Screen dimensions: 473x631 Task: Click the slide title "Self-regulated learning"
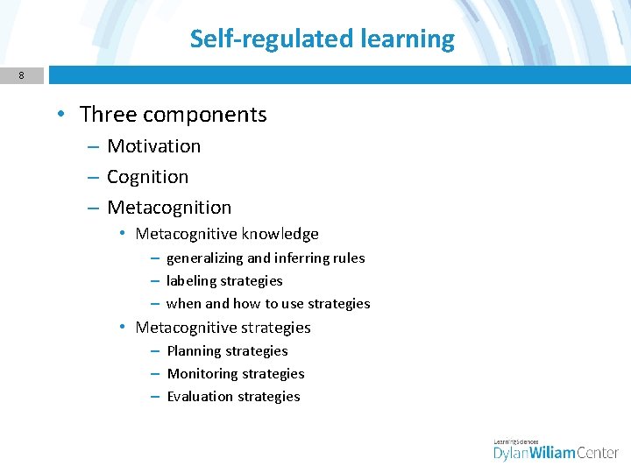coord(323,39)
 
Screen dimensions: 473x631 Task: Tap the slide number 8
coord(21,76)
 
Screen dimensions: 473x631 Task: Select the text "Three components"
coord(173,115)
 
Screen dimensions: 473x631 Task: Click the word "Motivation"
coord(153,146)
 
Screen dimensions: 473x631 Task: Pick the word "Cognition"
coord(147,177)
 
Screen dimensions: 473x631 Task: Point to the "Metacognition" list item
coord(169,208)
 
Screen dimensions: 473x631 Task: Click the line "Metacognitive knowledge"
coord(227,234)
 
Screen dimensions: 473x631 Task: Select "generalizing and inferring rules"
coord(266,258)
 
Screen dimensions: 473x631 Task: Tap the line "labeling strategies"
coord(224,281)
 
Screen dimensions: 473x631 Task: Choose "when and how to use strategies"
coord(268,304)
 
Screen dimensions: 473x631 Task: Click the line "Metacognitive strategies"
coord(223,328)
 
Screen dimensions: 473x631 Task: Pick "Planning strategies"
coord(227,351)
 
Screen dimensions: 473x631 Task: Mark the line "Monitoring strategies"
coord(236,374)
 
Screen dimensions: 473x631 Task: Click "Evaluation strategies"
coord(233,397)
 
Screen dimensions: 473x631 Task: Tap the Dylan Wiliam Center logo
coord(556,449)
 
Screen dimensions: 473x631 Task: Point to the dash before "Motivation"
coord(92,146)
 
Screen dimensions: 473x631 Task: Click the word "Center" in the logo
coord(599,453)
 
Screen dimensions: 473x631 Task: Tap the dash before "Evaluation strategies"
coord(154,397)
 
